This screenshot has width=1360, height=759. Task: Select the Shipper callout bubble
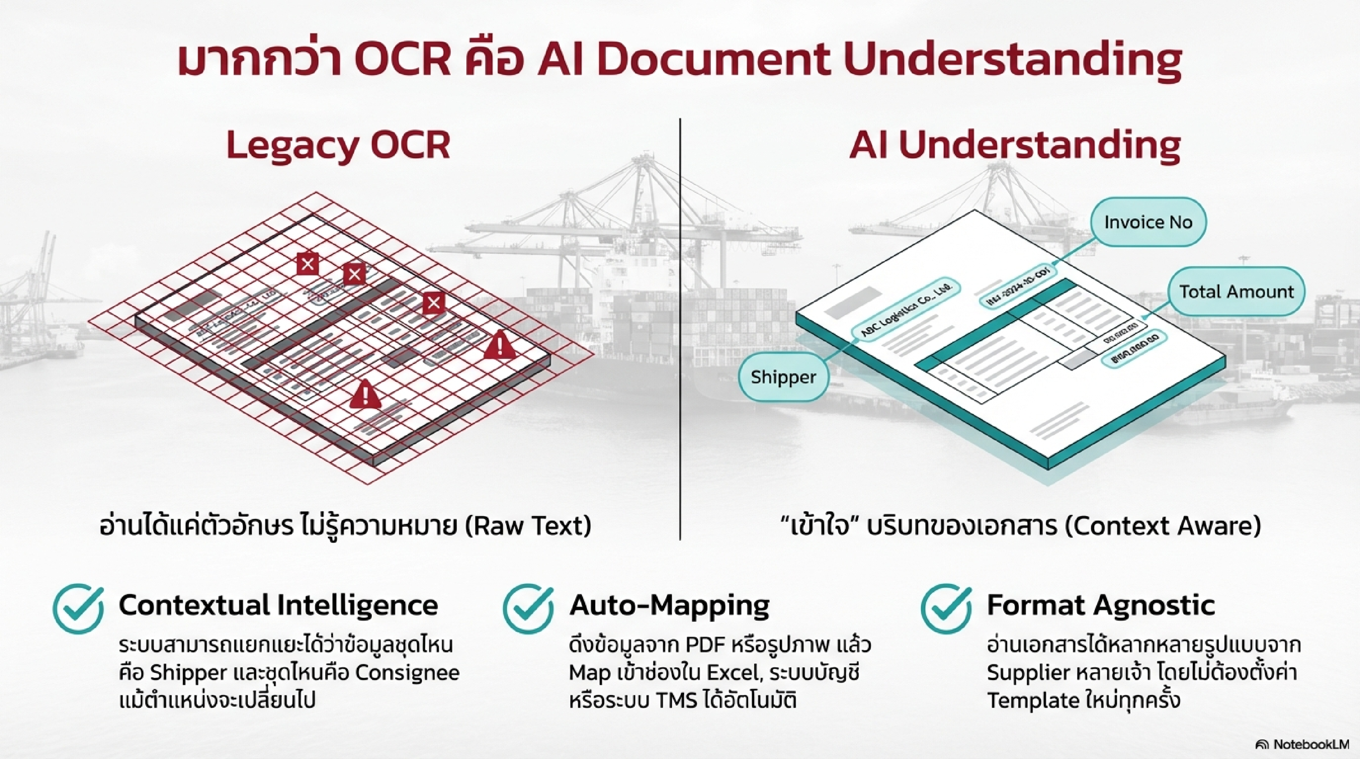783,377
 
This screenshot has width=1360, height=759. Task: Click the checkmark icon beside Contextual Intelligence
79,609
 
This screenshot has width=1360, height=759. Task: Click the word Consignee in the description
407,673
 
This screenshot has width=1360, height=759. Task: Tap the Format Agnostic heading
1101,605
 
